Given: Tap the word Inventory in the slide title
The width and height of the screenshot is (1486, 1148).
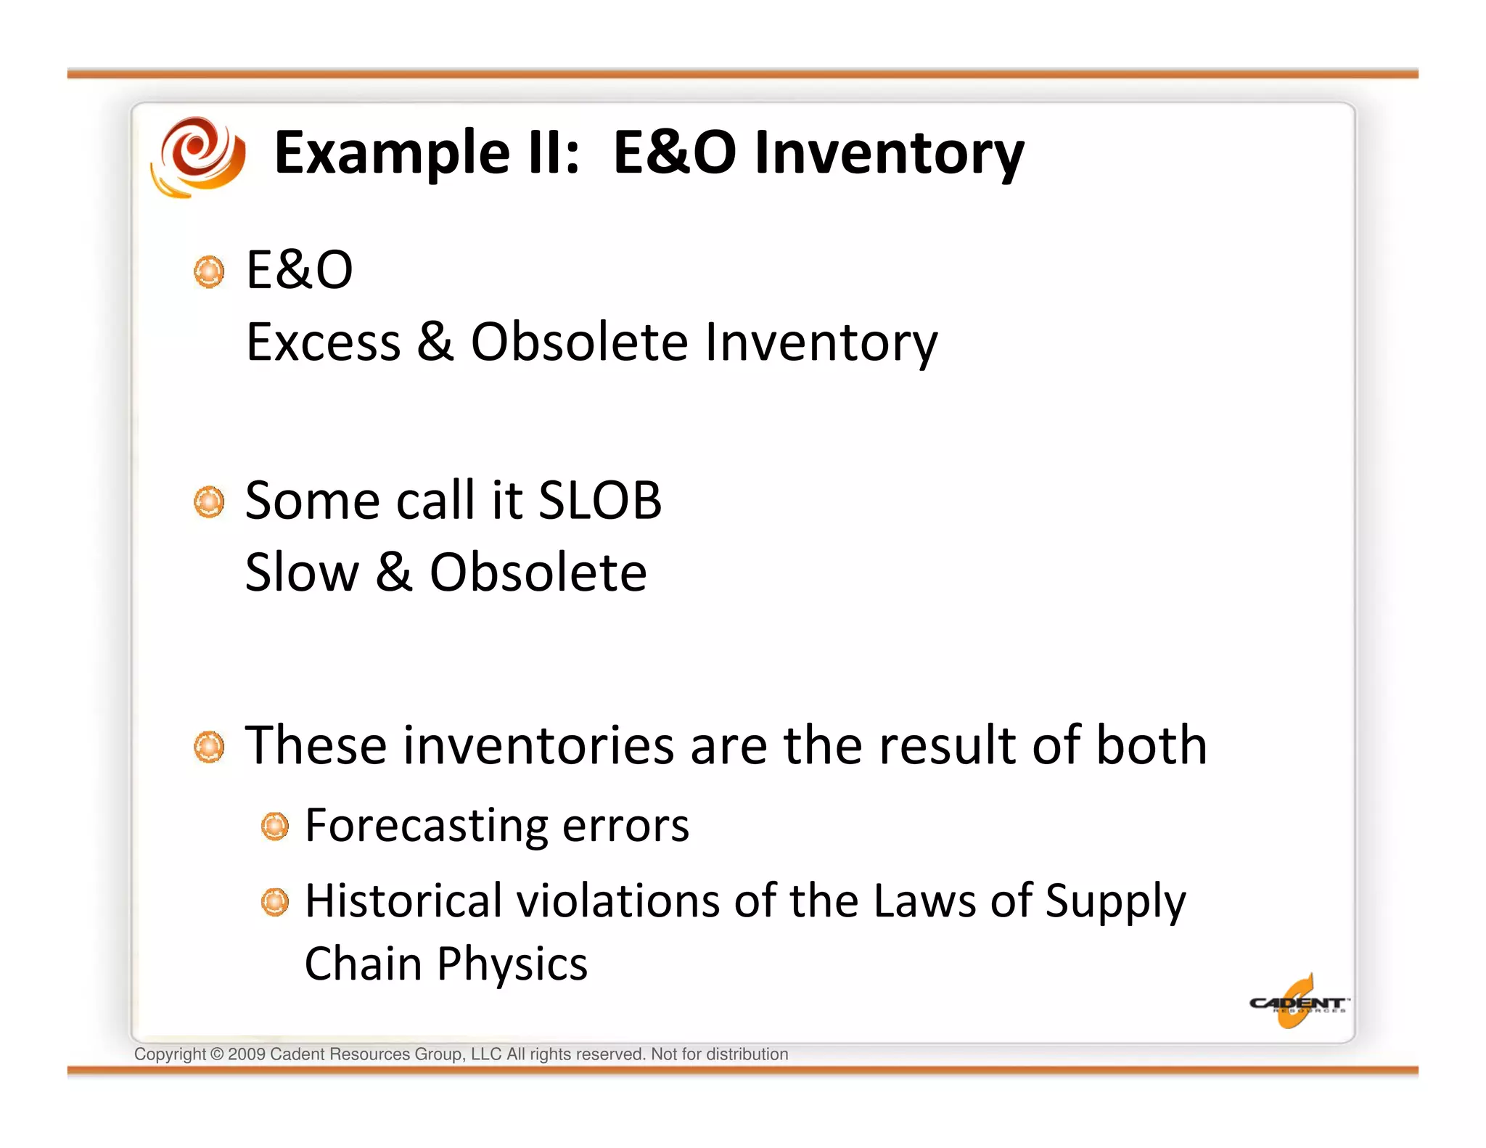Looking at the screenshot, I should (x=889, y=154).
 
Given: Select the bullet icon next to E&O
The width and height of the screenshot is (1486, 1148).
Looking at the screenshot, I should (x=209, y=271).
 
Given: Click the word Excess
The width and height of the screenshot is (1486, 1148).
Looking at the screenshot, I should (x=323, y=342).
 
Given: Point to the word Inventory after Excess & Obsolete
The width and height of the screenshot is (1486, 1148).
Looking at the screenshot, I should (x=821, y=343).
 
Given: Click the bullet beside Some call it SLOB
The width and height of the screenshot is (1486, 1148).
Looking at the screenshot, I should (x=209, y=502).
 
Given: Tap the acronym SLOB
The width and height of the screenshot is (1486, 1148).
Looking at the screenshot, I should (x=599, y=501).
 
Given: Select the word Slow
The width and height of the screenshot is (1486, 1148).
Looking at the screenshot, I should (x=302, y=573).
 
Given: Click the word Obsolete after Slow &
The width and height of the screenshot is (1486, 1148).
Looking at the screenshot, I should (x=538, y=573).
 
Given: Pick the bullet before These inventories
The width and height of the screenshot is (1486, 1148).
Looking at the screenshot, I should (x=209, y=747).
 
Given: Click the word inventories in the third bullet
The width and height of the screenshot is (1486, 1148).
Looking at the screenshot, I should (x=538, y=746).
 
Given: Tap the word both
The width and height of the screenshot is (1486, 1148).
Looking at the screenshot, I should (x=1152, y=745).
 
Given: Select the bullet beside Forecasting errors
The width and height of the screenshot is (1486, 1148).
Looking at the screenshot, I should (x=275, y=827).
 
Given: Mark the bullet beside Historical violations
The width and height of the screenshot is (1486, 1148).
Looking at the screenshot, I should (x=275, y=902).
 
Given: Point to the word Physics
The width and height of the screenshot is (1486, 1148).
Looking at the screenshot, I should (x=512, y=964).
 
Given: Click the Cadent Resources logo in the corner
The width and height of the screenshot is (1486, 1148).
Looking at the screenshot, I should (x=1297, y=1003).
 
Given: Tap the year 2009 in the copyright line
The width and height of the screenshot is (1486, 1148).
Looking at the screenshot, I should (x=246, y=1054).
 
